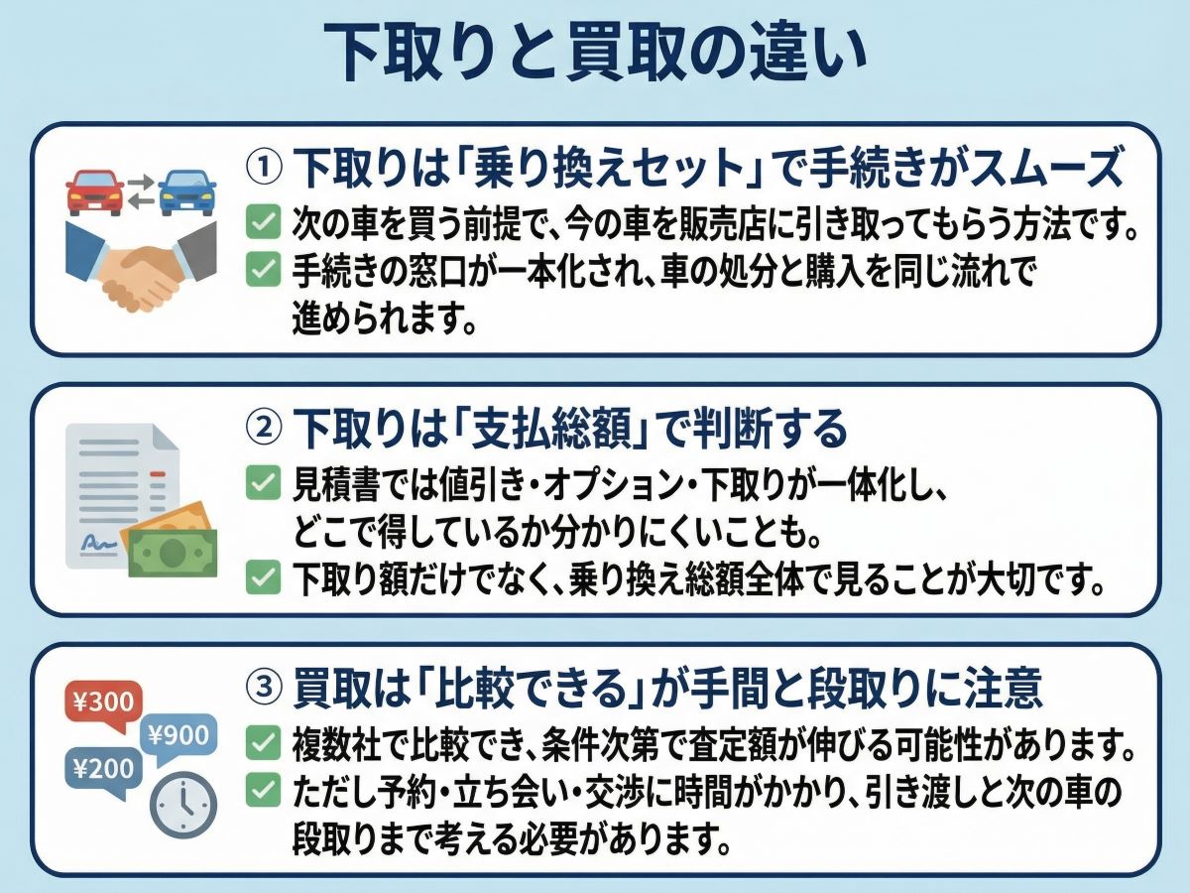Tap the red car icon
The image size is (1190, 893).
95,190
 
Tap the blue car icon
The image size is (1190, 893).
187,190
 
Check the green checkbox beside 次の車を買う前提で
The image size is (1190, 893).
263,223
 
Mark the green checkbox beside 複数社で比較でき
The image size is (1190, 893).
263,741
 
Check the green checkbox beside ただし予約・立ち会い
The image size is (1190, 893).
263,791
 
